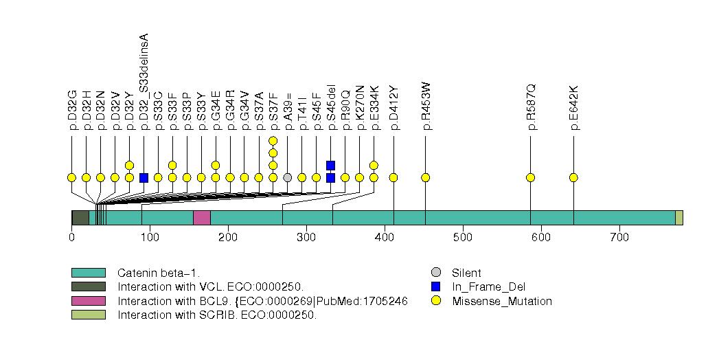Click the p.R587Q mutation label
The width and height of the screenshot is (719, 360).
[x=531, y=107]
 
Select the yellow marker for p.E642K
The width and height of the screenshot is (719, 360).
[x=573, y=177]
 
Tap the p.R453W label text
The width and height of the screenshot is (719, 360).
[x=426, y=106]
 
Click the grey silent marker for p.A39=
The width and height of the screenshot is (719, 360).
[x=288, y=177]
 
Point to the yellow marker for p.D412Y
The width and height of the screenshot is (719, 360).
[x=393, y=177]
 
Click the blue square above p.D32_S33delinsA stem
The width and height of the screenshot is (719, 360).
[x=144, y=177]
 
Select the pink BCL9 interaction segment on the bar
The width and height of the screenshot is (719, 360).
[x=201, y=218]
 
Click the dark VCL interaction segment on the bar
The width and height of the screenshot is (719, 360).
[x=80, y=218]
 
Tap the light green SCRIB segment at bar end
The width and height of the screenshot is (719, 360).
[x=678, y=218]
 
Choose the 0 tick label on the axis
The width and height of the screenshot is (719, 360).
[x=71, y=237]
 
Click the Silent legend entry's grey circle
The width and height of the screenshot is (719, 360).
[x=435, y=273]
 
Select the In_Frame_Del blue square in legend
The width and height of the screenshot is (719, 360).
[x=435, y=286]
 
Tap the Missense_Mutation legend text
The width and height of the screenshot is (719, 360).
[x=502, y=301]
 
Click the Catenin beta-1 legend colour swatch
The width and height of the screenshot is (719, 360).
[x=88, y=273]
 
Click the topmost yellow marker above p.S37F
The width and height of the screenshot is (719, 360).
[x=273, y=141]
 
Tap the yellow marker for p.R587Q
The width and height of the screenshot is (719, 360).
[x=530, y=177]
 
